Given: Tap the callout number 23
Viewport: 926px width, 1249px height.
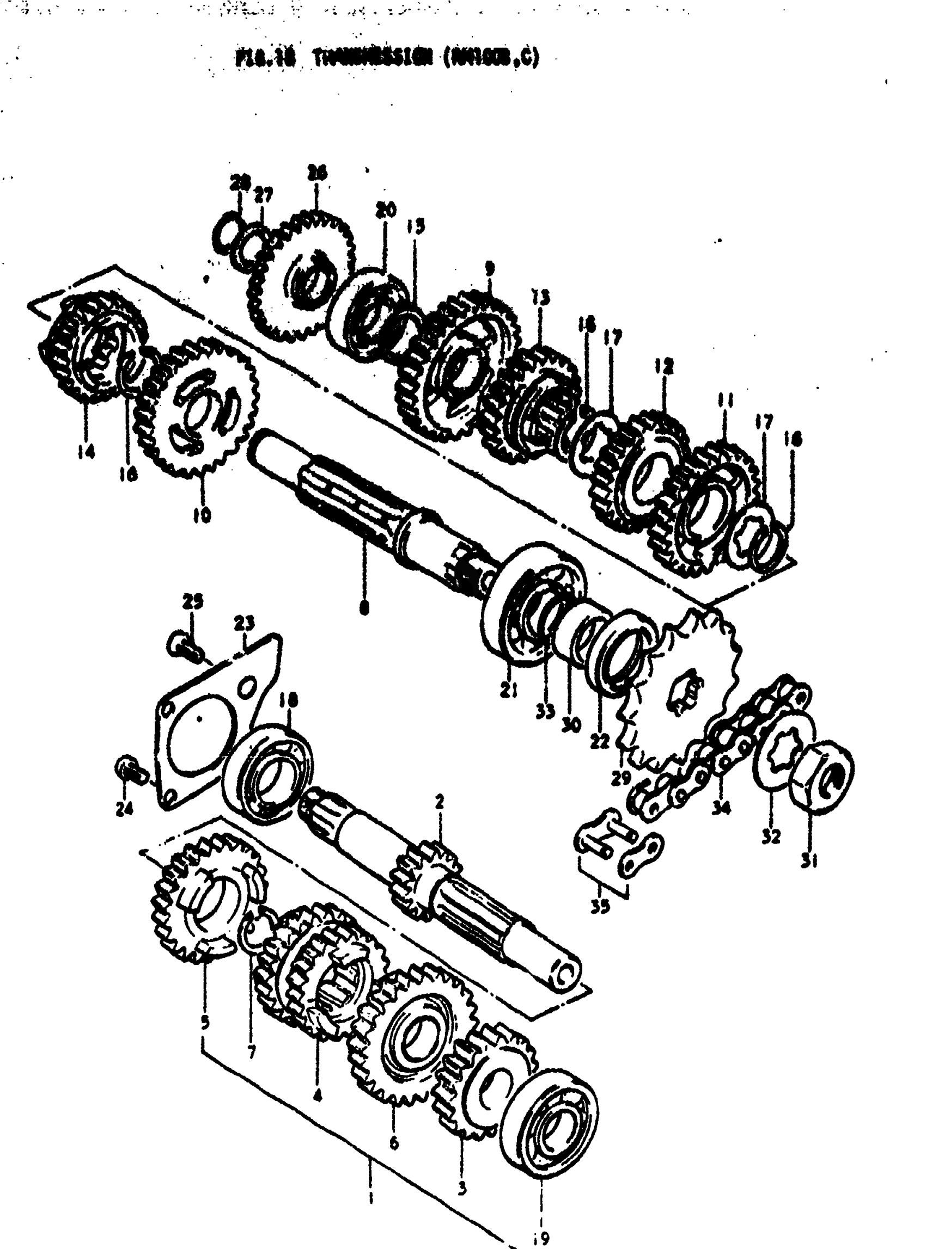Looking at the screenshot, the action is pyautogui.click(x=245, y=622).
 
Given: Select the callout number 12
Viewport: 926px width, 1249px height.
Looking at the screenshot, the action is pyautogui.click(x=664, y=367).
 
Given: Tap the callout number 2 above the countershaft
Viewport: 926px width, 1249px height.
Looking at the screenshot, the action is pyautogui.click(x=440, y=802).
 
